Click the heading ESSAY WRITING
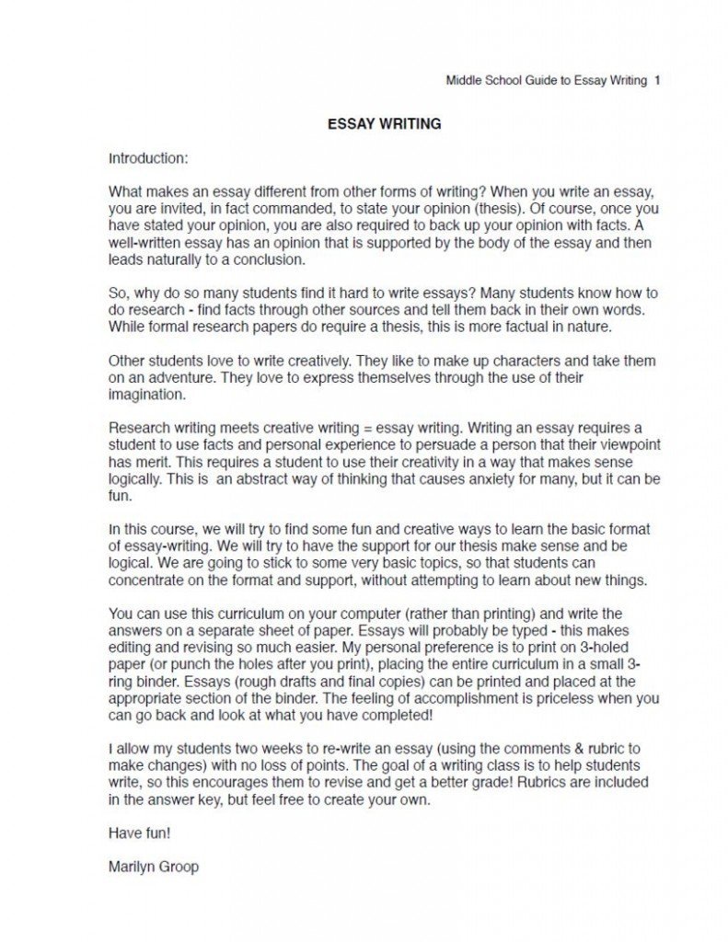[x=385, y=123]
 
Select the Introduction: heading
[x=148, y=157]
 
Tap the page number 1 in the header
[x=657, y=81]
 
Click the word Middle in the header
[x=464, y=81]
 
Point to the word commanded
[x=304, y=209]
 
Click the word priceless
[x=519, y=698]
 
